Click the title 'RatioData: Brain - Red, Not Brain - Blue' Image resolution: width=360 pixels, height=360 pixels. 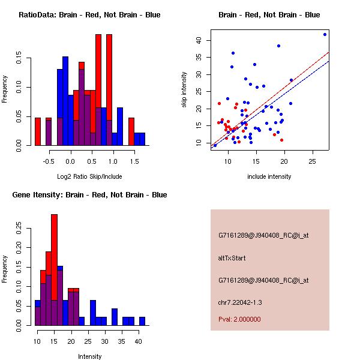(89, 14)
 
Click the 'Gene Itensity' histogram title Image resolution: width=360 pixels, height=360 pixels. (89, 195)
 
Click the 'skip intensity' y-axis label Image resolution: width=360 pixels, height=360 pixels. (184, 90)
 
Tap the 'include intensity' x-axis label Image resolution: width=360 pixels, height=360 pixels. (269, 176)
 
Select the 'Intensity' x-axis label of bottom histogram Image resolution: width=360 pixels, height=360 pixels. (89, 356)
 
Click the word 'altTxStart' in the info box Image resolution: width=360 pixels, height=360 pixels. (232, 258)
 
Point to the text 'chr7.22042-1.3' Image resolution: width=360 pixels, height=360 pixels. (238, 301)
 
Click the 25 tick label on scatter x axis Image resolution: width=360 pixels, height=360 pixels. (312, 162)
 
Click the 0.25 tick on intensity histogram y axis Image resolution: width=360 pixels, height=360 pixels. (20, 228)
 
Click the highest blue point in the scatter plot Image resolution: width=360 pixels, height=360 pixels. (325, 34)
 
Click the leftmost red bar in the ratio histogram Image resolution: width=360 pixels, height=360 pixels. (38, 131)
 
